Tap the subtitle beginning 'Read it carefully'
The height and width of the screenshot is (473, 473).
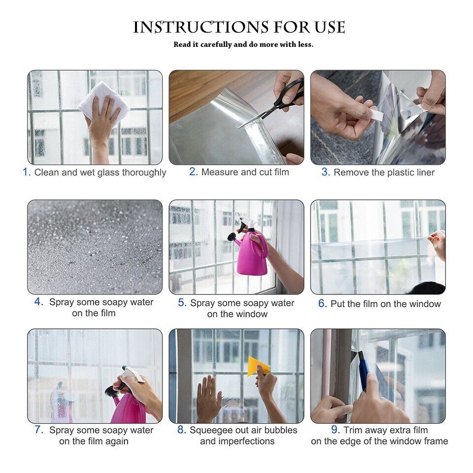click(x=243, y=44)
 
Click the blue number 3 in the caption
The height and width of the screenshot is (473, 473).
click(x=325, y=172)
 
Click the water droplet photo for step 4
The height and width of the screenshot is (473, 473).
click(x=95, y=247)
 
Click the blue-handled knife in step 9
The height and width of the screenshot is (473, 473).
click(x=364, y=372)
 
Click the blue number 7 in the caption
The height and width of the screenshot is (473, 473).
click(x=39, y=430)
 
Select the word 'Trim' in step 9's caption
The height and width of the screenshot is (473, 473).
click(x=353, y=430)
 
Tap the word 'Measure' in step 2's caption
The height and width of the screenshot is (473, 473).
click(x=220, y=172)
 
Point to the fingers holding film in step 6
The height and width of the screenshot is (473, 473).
click(x=437, y=242)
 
